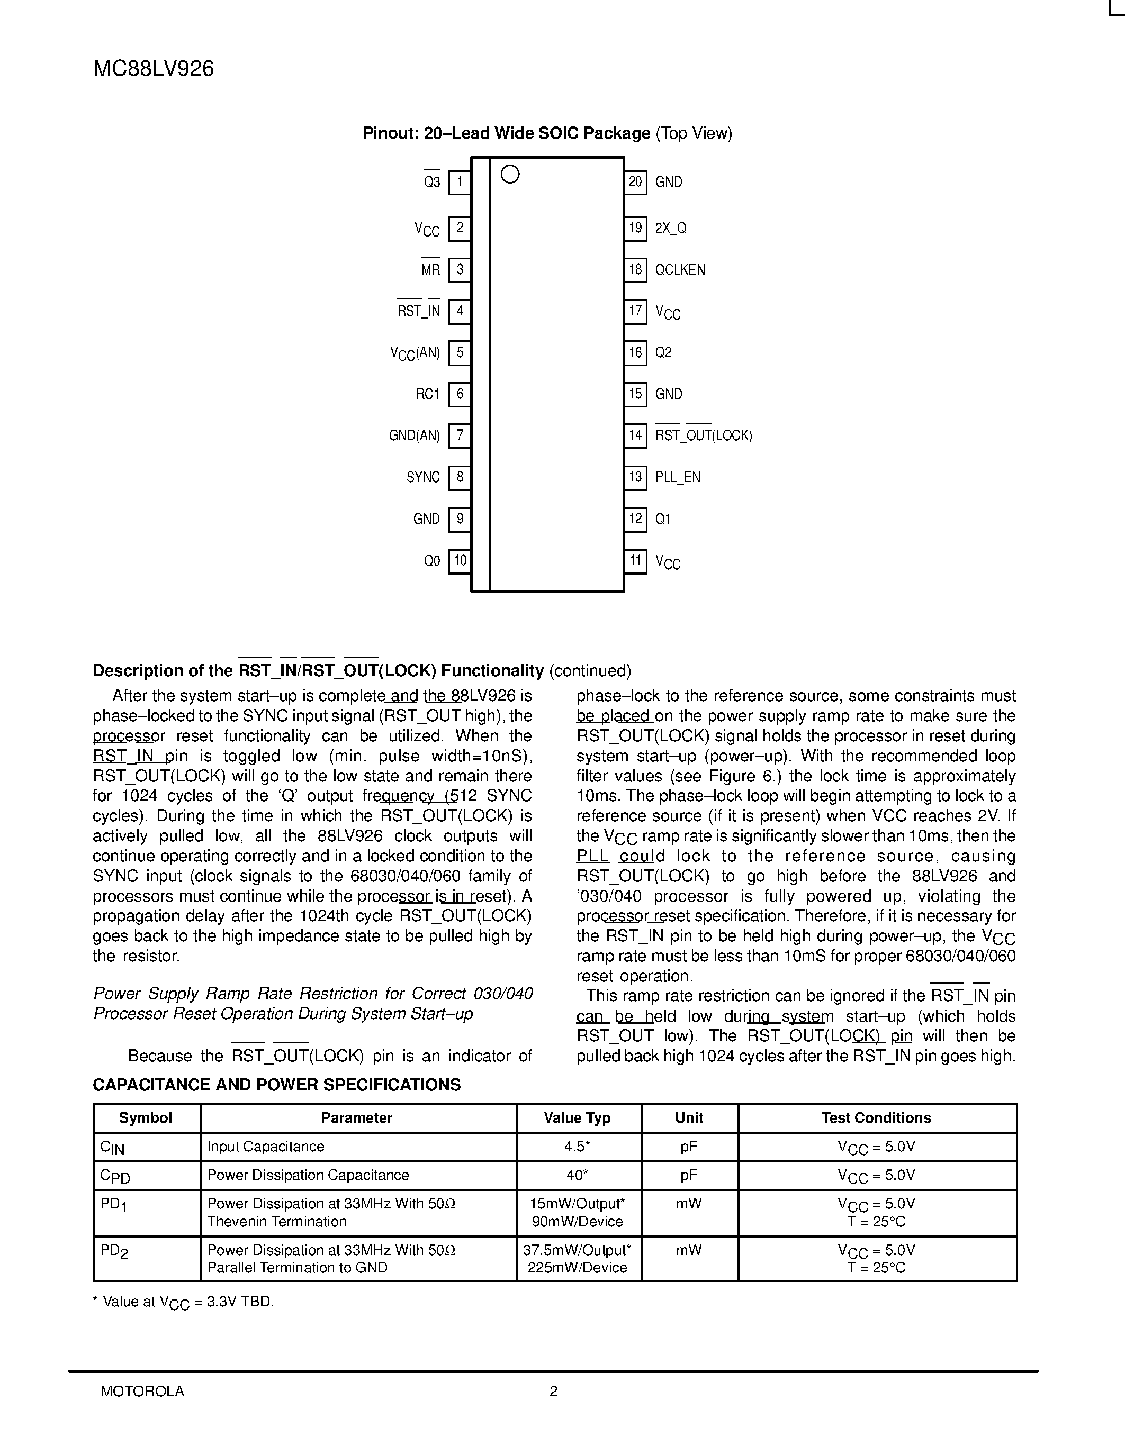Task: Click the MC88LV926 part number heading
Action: (x=154, y=69)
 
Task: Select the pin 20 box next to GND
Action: (x=635, y=182)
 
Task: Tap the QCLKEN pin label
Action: (x=680, y=270)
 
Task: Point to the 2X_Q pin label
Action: (x=670, y=228)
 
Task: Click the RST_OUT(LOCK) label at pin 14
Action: (x=703, y=435)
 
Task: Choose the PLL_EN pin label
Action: (x=678, y=477)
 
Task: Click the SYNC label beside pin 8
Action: (x=423, y=477)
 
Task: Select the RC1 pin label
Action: (x=428, y=394)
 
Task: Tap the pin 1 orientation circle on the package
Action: (x=510, y=175)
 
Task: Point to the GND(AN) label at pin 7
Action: (x=415, y=435)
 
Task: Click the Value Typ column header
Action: (x=577, y=1118)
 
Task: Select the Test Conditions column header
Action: (x=876, y=1118)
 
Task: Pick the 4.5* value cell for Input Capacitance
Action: (x=577, y=1147)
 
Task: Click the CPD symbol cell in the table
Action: (x=115, y=1176)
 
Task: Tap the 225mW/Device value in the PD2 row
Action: (x=577, y=1268)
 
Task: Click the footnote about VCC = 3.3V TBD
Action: (x=183, y=1302)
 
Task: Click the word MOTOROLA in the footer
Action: (x=142, y=1391)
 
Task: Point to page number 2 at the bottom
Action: (x=553, y=1391)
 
